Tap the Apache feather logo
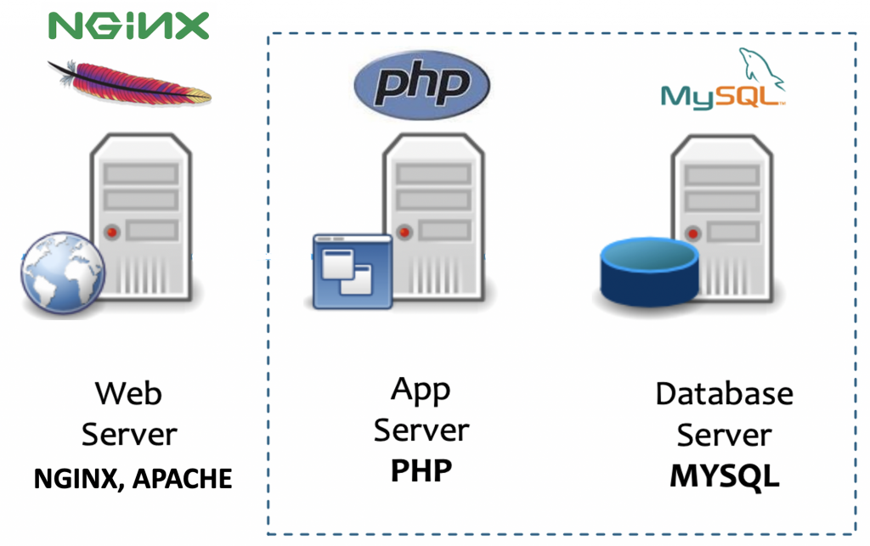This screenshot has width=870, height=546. [127, 82]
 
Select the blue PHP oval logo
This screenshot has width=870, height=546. [421, 84]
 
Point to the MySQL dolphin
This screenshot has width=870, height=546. [761, 65]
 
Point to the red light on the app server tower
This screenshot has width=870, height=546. [404, 229]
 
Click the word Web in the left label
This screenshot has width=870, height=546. [128, 393]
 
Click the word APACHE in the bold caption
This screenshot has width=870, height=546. [184, 479]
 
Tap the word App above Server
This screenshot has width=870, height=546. [421, 390]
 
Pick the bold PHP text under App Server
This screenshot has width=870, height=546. [421, 470]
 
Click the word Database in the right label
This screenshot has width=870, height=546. [724, 394]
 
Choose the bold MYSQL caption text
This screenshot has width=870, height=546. [724, 476]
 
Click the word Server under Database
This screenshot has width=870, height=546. [724, 435]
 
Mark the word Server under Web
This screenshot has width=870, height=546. [128, 435]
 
